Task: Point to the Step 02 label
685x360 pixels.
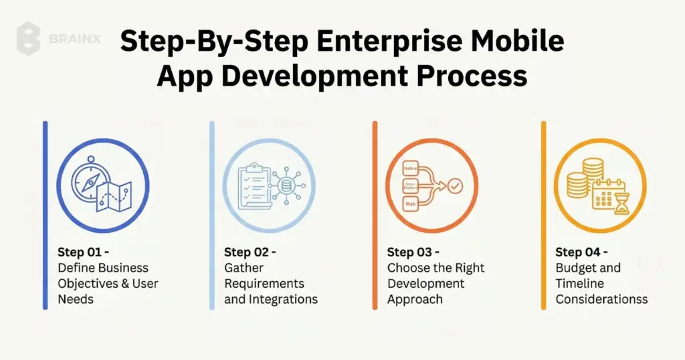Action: click(x=250, y=252)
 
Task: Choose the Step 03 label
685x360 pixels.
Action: click(x=413, y=252)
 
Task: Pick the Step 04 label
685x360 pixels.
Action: click(x=581, y=252)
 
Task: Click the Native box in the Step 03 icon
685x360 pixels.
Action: click(x=410, y=169)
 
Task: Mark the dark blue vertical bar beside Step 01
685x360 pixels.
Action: click(x=45, y=215)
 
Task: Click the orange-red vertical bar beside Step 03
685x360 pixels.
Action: click(x=375, y=215)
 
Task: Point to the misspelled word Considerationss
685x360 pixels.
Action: click(x=601, y=299)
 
